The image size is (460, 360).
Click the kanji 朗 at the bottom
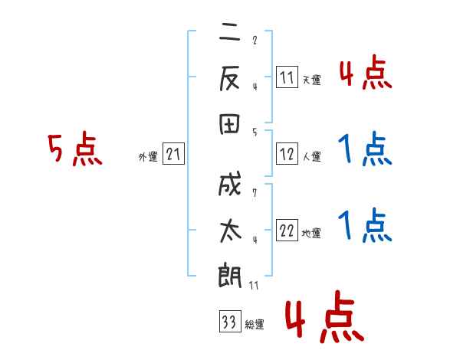(x=231, y=276)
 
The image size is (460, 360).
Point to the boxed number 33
(x=228, y=322)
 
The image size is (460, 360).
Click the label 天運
(x=311, y=80)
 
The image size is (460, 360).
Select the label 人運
(x=311, y=156)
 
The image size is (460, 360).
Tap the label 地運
(x=311, y=234)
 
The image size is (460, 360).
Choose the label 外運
(x=148, y=157)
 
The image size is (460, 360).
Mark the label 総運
(x=254, y=324)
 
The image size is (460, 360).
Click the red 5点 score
(x=74, y=149)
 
